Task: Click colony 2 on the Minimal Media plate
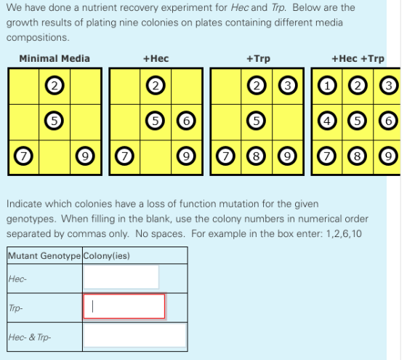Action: tap(55, 86)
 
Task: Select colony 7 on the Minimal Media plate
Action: tap(23, 156)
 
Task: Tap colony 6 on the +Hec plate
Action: tap(186, 121)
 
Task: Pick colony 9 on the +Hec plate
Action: tap(186, 156)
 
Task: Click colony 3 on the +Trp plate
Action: tap(288, 86)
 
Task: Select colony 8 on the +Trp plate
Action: tap(256, 156)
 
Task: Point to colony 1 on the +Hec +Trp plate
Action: tap(327, 86)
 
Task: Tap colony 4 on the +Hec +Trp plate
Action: tap(327, 121)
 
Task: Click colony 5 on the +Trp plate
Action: tap(256, 121)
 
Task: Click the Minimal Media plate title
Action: tap(55, 58)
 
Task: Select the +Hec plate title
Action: tap(156, 58)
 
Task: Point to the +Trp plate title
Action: tap(258, 59)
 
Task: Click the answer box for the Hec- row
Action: tap(121, 277)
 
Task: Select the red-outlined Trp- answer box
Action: tap(124, 306)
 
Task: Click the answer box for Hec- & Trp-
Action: tap(135, 335)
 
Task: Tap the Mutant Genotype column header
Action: tap(44, 256)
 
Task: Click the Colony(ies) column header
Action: tap(107, 256)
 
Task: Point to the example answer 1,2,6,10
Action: tap(344, 233)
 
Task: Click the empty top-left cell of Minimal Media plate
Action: tap(24, 87)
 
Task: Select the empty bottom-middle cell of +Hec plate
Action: tap(156, 157)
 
